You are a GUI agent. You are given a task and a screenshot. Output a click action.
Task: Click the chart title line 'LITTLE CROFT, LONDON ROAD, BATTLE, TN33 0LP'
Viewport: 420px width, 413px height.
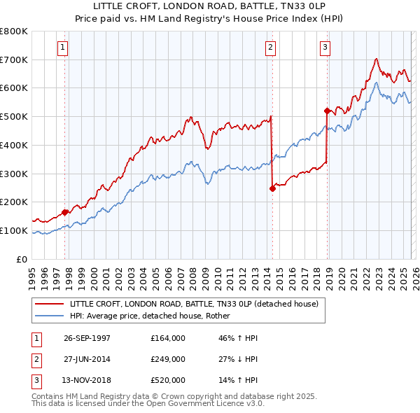(x=210, y=6)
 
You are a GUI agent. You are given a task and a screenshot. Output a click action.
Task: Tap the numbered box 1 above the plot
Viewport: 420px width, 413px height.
(x=63, y=48)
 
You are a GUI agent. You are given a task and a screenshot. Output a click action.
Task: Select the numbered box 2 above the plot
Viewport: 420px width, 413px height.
(x=270, y=48)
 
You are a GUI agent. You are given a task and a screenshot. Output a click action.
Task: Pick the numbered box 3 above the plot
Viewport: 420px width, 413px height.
(x=325, y=48)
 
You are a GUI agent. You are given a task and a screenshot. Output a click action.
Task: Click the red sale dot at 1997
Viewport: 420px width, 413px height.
(x=65, y=211)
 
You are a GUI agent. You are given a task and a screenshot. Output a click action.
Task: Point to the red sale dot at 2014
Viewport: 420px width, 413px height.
(x=272, y=188)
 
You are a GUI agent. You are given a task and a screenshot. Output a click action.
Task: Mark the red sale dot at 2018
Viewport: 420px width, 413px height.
(x=327, y=111)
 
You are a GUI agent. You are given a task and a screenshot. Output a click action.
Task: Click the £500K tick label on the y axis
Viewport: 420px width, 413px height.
(x=14, y=117)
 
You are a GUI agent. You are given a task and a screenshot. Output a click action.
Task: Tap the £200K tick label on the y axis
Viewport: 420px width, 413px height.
(x=14, y=202)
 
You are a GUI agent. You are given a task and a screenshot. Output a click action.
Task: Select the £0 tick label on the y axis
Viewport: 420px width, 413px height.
(x=22, y=259)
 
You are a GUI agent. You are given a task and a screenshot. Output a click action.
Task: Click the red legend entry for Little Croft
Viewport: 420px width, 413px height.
(x=194, y=304)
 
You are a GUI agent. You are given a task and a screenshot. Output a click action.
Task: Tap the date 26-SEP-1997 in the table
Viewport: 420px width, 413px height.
(x=87, y=337)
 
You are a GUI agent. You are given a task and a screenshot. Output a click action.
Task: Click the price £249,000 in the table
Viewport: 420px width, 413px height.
(x=167, y=359)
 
